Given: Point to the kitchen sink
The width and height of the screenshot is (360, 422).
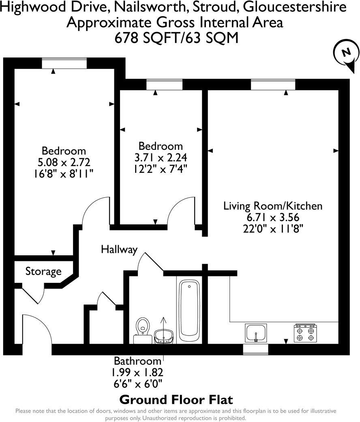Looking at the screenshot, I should (x=256, y=333).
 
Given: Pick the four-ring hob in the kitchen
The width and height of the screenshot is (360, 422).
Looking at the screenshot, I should (x=305, y=333).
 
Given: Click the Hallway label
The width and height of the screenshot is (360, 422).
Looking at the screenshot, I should (x=119, y=249).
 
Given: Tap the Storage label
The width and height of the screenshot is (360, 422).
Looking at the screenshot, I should (x=43, y=271).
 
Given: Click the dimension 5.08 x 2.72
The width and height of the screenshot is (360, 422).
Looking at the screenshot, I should (x=64, y=162).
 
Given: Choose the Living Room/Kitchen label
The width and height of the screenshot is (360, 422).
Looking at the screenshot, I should (x=273, y=206).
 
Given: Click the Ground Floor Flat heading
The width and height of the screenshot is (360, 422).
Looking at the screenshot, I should (x=176, y=399).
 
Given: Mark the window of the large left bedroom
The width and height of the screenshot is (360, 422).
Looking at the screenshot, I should (x=64, y=63).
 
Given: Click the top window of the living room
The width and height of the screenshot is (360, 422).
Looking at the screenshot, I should (x=272, y=84).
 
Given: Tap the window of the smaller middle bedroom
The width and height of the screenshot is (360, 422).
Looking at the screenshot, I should (x=164, y=84).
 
